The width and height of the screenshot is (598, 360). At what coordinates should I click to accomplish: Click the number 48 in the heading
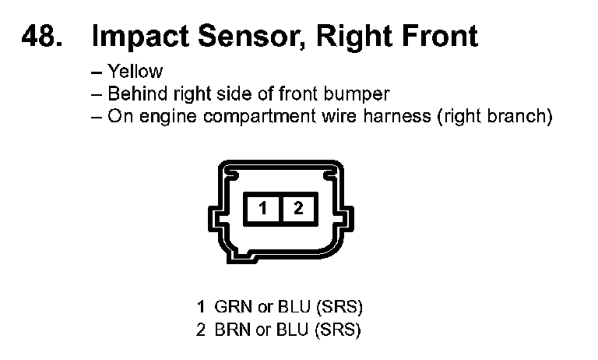(x=40, y=36)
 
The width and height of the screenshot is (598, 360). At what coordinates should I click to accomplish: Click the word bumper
(x=355, y=94)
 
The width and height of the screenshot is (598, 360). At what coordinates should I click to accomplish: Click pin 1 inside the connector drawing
(x=264, y=208)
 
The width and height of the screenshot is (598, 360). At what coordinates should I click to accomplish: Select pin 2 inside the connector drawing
(x=298, y=208)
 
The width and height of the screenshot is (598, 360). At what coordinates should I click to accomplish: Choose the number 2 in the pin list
(x=201, y=329)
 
